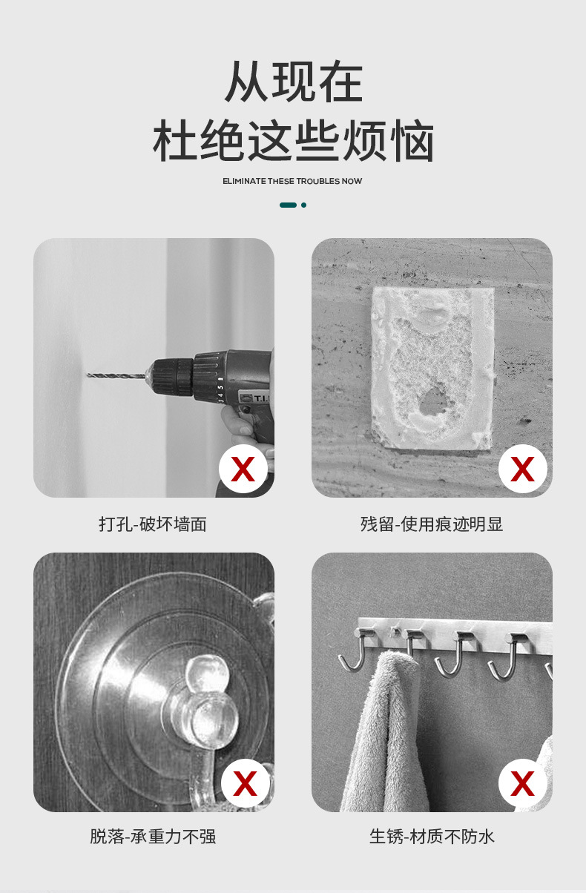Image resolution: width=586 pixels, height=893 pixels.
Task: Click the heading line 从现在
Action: coord(293,82)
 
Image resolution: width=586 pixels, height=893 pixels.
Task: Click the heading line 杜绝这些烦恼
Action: coord(293,142)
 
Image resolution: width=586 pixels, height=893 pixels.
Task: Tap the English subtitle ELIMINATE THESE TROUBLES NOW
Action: coord(292,181)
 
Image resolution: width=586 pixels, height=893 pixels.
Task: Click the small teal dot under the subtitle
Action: coord(303,205)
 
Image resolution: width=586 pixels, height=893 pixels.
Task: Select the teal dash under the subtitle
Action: coord(288,205)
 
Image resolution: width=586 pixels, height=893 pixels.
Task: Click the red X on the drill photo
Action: coord(243,469)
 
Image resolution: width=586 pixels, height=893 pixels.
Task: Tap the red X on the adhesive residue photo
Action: coord(522,469)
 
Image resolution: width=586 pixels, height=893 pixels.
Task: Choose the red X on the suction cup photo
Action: coord(243,783)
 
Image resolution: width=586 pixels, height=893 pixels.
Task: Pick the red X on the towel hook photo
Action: coord(522,783)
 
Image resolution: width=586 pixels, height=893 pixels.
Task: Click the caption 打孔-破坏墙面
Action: coord(153,524)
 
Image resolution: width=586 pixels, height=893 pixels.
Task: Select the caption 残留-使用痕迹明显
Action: coord(432,524)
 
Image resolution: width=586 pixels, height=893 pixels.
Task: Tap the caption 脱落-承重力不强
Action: coord(153,837)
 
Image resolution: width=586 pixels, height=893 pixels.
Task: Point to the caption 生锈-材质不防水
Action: coord(432,837)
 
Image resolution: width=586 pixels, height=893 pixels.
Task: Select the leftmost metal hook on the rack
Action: coord(353,653)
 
